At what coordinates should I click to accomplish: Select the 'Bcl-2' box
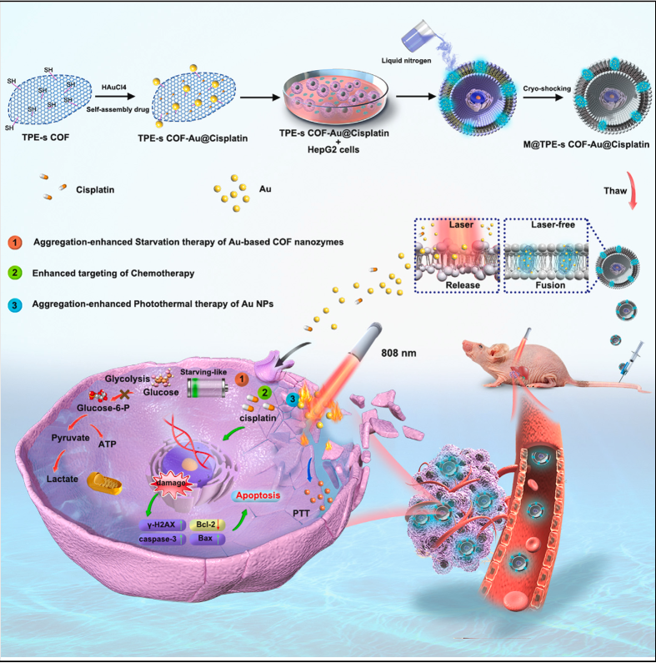pyautogui.click(x=203, y=525)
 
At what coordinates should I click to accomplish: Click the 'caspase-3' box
pyautogui.click(x=155, y=540)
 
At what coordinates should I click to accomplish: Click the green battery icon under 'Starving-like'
pyautogui.click(x=207, y=388)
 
